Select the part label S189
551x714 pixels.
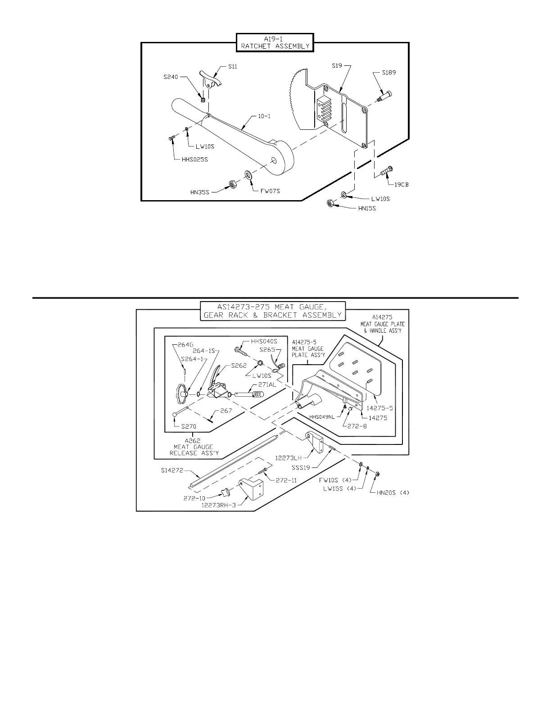389,72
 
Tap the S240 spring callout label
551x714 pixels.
171,77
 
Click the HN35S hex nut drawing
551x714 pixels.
232,184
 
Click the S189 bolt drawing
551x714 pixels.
384,96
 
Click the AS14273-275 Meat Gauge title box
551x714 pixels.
273,311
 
